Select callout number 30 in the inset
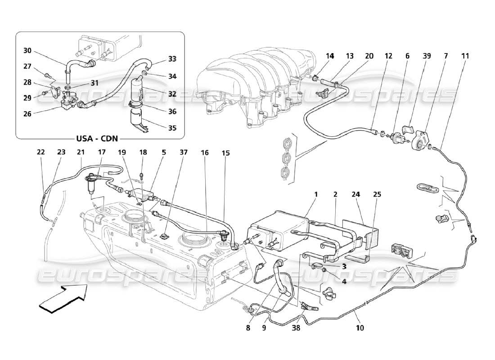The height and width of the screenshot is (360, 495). coord(28,50)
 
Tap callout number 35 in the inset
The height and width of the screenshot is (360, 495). coord(171,127)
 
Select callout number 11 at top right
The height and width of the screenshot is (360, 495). coord(465,56)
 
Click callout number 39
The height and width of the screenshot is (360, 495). coord(426,56)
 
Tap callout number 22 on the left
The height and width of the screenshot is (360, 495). coord(41,152)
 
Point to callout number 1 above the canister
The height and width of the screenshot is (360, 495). coord(316,194)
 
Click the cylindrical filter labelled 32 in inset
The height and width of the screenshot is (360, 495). coord(138,88)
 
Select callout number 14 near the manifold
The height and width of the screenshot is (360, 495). coord(330,56)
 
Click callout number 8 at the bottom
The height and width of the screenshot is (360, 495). coord(248,328)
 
